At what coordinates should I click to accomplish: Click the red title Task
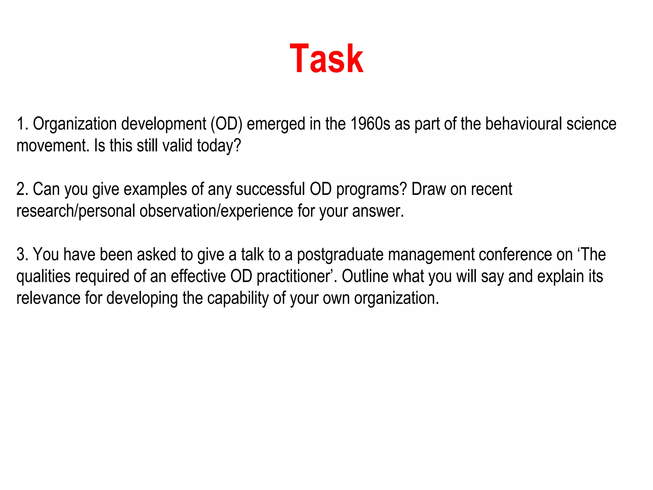pyautogui.click(x=326, y=59)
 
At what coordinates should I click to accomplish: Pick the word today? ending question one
pyautogui.click(x=219, y=146)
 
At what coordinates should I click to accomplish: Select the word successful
pyautogui.click(x=270, y=189)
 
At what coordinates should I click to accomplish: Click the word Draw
pyautogui.click(x=428, y=189)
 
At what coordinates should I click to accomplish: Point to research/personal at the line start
pyautogui.click(x=76, y=211)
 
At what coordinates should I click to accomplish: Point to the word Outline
pyautogui.click(x=365, y=276)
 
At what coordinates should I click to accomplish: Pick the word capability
pyautogui.click(x=238, y=299)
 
